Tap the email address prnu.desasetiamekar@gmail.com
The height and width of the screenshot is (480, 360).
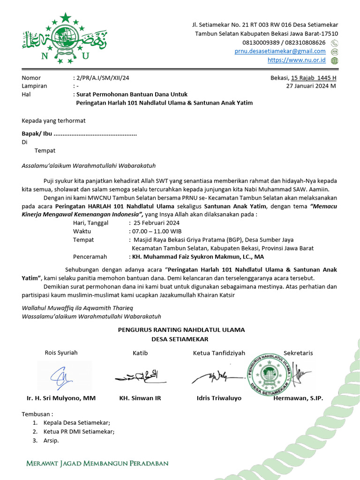(x=280, y=51)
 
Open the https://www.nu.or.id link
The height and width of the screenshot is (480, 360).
(x=296, y=60)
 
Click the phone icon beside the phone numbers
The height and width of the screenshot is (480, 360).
(x=334, y=43)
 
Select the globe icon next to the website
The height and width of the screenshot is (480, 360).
(x=334, y=60)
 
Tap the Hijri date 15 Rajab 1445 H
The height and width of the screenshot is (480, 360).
(x=313, y=78)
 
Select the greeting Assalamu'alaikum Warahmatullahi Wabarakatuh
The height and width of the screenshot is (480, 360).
(x=89, y=165)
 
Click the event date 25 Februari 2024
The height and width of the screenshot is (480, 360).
(x=157, y=223)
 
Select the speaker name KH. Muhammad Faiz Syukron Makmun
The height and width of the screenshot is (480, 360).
(x=196, y=257)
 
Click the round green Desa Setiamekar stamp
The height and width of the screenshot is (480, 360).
(x=269, y=374)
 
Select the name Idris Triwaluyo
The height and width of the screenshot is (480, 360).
(x=219, y=398)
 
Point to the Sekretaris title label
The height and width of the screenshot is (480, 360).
(x=298, y=353)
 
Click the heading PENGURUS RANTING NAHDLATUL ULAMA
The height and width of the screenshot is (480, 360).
(x=181, y=330)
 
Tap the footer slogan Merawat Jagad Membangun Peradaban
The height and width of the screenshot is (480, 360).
(x=97, y=464)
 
